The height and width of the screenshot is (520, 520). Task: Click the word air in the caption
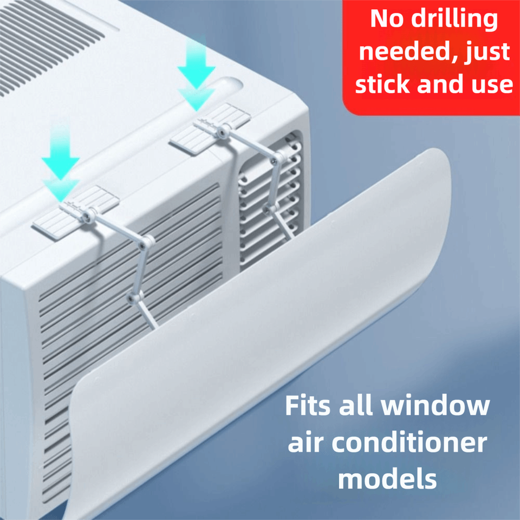(x=305, y=443)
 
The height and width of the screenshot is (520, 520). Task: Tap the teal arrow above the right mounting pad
(x=196, y=76)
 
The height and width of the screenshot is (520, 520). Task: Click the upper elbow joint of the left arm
(x=145, y=242)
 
